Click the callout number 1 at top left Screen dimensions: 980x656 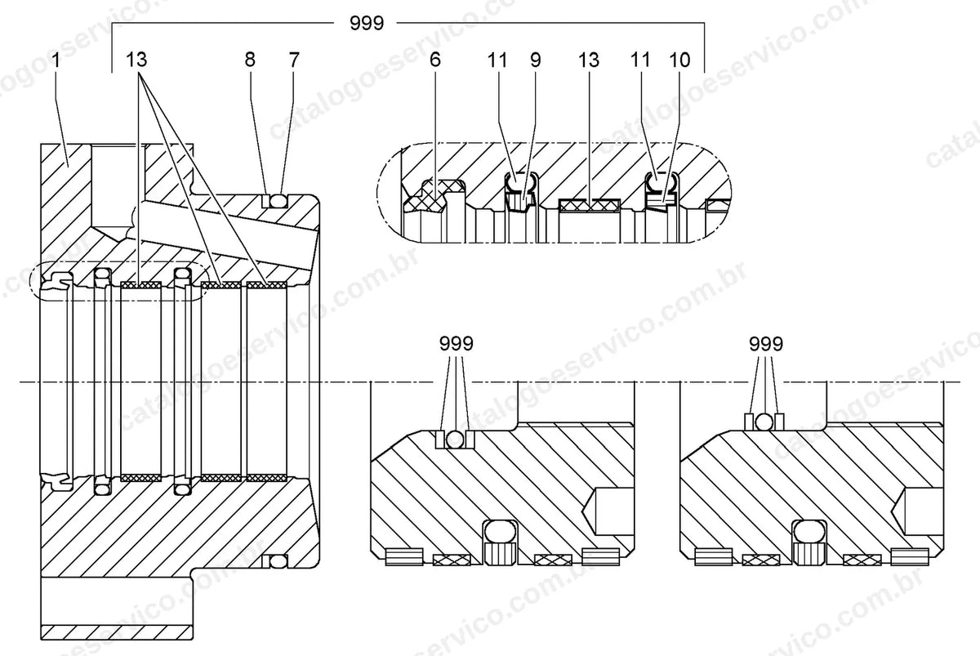pos(56,60)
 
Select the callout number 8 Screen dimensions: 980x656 pos(250,60)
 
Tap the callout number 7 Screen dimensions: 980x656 pos(294,60)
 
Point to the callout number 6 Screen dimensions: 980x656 pos(434,60)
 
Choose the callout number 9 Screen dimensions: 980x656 pos(536,60)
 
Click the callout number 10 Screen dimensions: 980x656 pos(679,60)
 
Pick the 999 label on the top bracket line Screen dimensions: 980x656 pos(367,23)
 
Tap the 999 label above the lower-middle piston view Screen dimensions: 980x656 pos(457,344)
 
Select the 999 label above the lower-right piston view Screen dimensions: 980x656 pos(766,344)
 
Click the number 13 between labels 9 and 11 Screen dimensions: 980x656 pos(589,60)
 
